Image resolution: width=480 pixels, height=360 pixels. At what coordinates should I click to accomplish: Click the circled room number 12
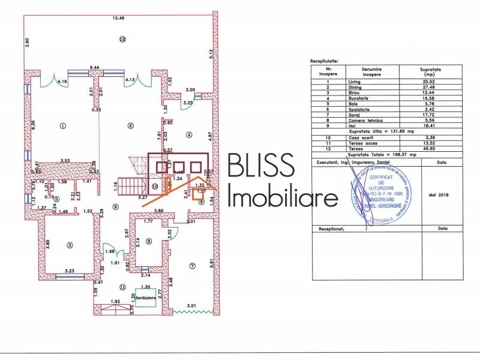click(122, 40)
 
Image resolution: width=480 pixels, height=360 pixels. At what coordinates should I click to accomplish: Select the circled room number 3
click(70, 245)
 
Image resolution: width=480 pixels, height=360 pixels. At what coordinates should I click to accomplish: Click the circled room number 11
click(122, 287)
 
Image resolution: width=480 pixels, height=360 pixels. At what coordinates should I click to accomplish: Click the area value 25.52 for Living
click(429, 81)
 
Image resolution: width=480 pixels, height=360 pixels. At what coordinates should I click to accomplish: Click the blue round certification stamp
click(383, 193)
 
